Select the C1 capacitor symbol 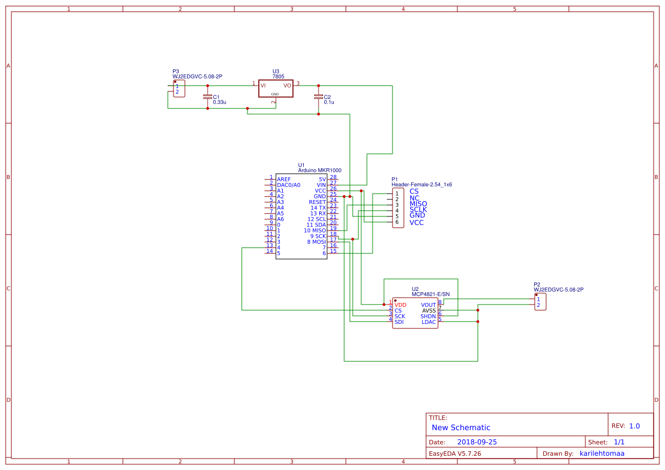coord(207,97)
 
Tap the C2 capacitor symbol coord(318,97)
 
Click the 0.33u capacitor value coord(220,102)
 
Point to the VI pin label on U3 coord(263,85)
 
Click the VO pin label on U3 coord(287,85)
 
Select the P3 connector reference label coord(176,72)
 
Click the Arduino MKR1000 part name coord(320,170)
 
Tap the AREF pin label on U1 coord(284,180)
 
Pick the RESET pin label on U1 coord(317,202)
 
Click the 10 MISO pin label coord(315,231)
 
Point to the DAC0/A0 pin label coord(288,185)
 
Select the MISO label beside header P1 coord(418,204)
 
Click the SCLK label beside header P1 coord(418,210)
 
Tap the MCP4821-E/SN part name coord(431,294)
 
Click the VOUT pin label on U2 coord(428,305)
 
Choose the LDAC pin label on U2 coord(428,322)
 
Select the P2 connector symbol coord(540,302)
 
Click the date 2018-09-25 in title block coord(477,442)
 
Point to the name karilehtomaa coord(602,454)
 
